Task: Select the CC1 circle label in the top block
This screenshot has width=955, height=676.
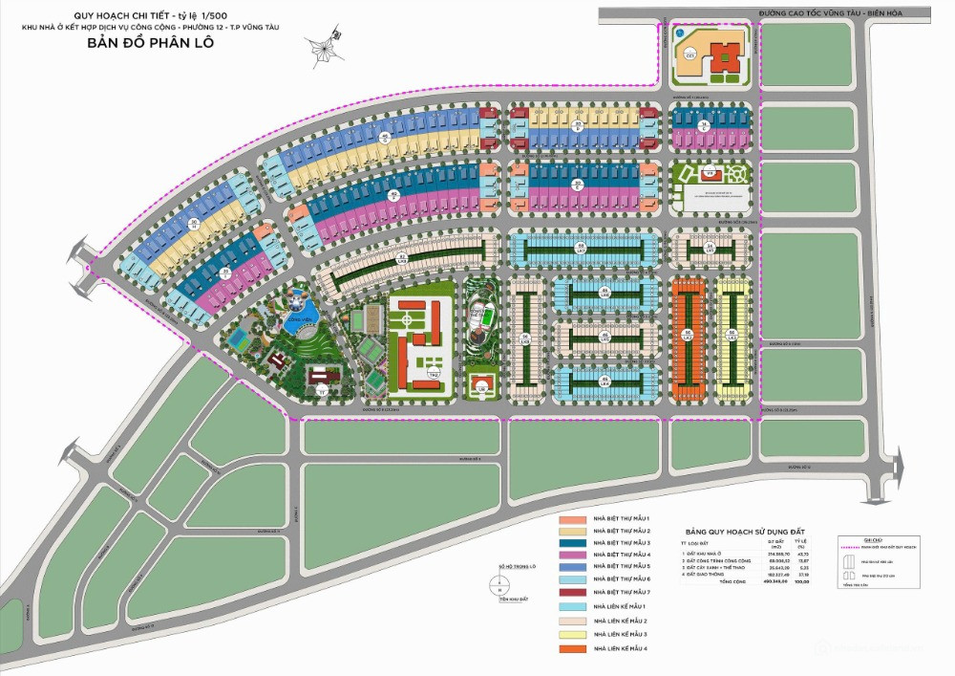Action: (x=690, y=55)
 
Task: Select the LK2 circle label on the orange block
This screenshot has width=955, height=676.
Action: (x=687, y=334)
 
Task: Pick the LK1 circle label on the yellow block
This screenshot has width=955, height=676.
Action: (x=732, y=334)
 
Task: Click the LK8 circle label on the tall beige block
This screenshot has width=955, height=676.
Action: (x=524, y=337)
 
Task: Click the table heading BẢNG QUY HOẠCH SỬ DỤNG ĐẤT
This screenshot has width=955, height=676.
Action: (x=747, y=530)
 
